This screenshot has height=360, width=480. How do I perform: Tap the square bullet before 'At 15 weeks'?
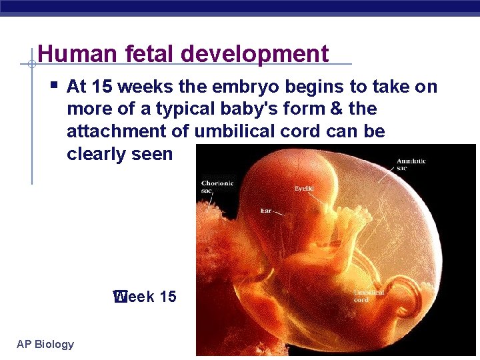point(54,85)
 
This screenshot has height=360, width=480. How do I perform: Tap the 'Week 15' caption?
point(145,297)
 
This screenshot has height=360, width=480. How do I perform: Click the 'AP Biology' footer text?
point(45,344)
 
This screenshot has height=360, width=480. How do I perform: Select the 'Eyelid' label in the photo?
point(304,189)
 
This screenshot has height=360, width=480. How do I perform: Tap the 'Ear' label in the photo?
point(265,211)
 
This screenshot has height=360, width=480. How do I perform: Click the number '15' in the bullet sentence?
point(102,87)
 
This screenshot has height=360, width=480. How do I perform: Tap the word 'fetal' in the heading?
point(141,54)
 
